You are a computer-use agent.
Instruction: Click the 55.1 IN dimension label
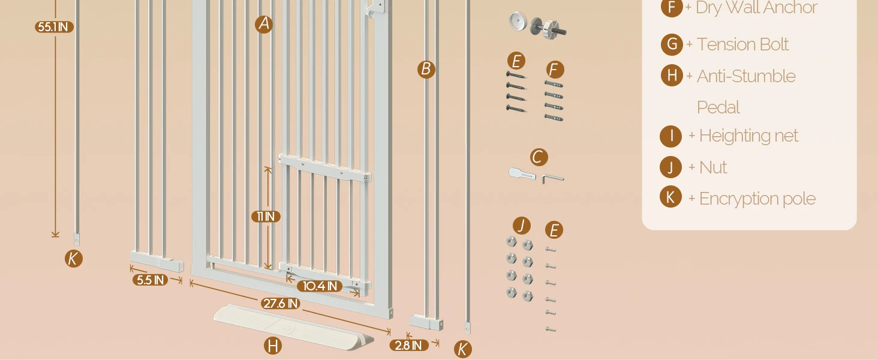click(54, 27)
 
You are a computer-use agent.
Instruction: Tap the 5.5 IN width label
click(150, 280)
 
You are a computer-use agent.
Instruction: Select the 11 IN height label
click(266, 217)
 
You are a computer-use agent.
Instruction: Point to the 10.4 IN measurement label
click(320, 286)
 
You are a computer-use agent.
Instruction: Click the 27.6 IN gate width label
click(281, 304)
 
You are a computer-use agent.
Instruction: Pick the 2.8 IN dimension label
click(408, 345)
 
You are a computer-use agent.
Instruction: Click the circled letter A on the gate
click(264, 24)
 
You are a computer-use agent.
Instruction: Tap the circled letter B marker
click(426, 69)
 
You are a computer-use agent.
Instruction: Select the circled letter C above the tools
click(539, 157)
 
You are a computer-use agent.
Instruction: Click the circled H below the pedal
click(273, 346)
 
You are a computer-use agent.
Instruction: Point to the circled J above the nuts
click(522, 226)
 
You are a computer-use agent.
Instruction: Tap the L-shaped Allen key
click(553, 178)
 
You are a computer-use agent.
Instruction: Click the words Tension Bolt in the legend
click(742, 44)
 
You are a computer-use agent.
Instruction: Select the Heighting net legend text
click(748, 136)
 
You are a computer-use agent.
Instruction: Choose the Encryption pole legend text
click(757, 199)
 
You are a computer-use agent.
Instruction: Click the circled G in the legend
click(672, 44)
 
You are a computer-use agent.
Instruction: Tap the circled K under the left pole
click(73, 259)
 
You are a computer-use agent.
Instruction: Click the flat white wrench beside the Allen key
click(522, 174)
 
